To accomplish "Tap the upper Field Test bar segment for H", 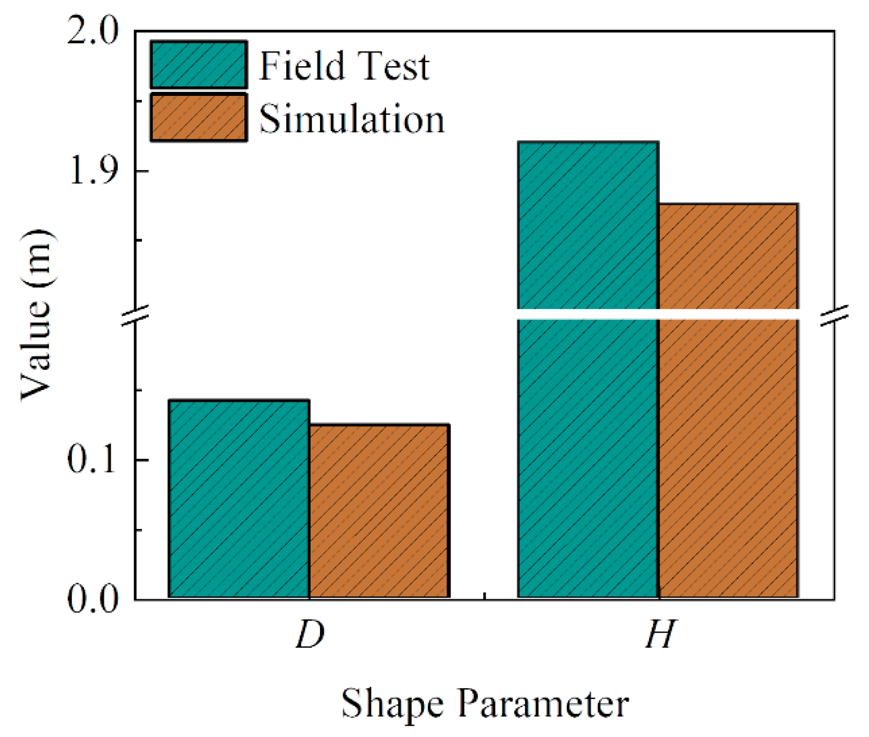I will point(588,225).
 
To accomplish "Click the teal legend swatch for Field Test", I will point(199,65).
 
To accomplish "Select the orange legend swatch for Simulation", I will point(199,118).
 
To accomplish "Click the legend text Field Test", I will point(344,66).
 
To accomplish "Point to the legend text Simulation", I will point(352,119).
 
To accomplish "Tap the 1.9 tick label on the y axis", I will point(93,172).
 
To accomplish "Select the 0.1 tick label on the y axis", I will point(92,460).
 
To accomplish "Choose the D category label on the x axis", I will point(310,634).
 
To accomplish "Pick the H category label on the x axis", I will point(660,634).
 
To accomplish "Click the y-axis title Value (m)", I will point(37,315).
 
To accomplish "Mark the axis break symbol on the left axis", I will point(135,315).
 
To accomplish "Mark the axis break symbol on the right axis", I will point(834,315).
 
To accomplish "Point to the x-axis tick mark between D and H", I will point(485,596).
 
